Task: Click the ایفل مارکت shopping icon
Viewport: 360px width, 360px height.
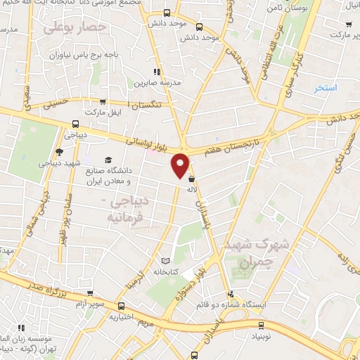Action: click(x=103, y=102)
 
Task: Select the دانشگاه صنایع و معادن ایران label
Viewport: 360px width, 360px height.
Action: click(x=136, y=167)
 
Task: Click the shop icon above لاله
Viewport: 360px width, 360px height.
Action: click(x=192, y=179)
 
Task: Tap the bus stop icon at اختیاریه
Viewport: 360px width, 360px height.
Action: click(x=122, y=306)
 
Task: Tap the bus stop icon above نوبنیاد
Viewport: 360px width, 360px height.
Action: click(x=262, y=325)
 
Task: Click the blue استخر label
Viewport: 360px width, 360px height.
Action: click(x=326, y=87)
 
